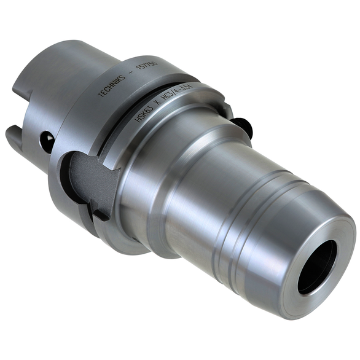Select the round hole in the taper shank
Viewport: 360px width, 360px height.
pos(47,143)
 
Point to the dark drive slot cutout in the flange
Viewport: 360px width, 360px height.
pos(92,184)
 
